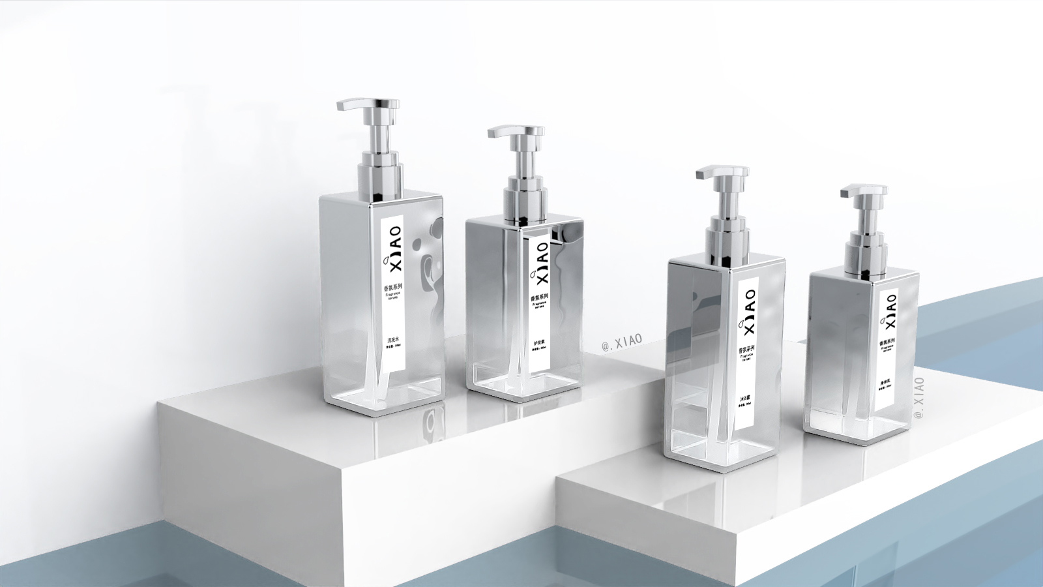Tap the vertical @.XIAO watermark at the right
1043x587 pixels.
tap(919, 399)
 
